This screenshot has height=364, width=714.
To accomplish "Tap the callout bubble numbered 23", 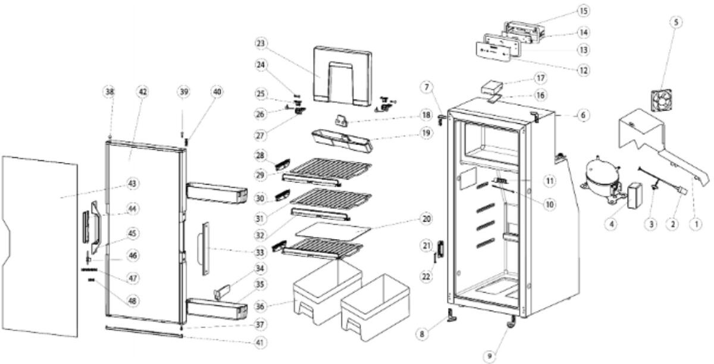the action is tap(261, 43).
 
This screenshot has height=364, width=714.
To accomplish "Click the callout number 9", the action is tap(489, 356).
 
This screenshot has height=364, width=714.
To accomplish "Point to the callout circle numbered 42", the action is tap(142, 92).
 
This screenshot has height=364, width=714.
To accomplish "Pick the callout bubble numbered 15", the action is tap(583, 11).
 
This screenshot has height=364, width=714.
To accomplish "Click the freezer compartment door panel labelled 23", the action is tap(342, 76).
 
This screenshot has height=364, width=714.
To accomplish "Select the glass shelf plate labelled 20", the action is tap(333, 230).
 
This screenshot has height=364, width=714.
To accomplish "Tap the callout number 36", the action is tap(260, 306).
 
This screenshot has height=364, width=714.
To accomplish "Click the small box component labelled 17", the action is tap(491, 87).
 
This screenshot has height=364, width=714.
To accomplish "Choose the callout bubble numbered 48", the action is tap(132, 300).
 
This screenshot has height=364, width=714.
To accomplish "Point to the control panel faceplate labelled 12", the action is tap(493, 52).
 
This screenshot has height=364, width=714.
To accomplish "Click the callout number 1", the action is tap(696, 224).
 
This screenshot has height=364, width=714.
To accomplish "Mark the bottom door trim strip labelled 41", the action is tap(144, 331).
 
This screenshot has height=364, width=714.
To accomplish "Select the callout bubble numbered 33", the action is tap(260, 253).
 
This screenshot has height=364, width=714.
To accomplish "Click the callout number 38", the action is tap(109, 92).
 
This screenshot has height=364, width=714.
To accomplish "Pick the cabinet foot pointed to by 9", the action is tap(511, 322).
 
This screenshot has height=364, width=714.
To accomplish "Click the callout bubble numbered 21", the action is tap(427, 246).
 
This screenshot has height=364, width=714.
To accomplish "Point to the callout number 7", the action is tap(427, 87).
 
